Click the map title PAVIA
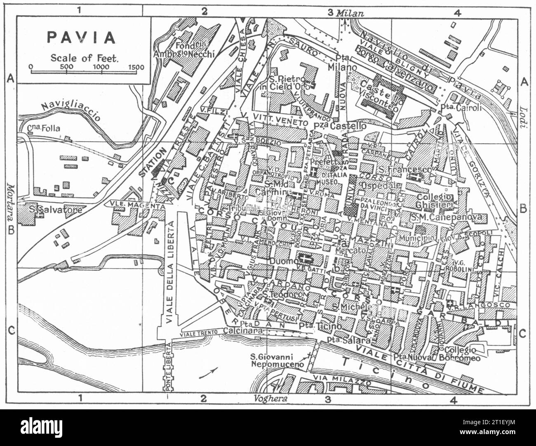click(82, 37)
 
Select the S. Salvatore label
click(56, 210)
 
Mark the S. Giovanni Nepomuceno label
click(277, 360)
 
